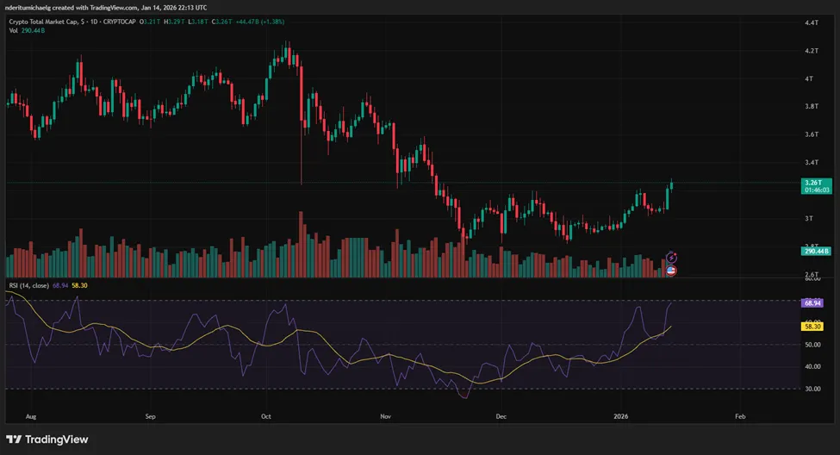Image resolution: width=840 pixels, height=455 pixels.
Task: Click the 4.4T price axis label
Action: [811, 23]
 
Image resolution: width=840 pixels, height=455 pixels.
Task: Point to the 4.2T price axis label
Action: [811, 51]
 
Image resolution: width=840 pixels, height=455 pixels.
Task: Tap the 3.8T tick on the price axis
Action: [811, 107]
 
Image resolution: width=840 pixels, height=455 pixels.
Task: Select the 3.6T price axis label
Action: [811, 134]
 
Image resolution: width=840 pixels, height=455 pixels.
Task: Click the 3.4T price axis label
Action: [811, 162]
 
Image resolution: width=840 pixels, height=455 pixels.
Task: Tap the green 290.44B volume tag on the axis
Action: [815, 251]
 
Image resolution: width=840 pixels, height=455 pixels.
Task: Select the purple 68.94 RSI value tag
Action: [811, 303]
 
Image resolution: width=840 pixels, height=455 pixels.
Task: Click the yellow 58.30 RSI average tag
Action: [811, 327]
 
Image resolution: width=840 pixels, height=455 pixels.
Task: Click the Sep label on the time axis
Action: [150, 415]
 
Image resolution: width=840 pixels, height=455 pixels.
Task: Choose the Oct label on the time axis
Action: [265, 415]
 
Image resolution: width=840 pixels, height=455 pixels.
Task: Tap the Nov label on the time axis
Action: [384, 415]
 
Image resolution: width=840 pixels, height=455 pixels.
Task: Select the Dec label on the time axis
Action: [501, 415]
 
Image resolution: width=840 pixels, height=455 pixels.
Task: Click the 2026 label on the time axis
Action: [620, 415]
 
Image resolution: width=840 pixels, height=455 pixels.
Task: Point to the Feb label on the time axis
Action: [739, 415]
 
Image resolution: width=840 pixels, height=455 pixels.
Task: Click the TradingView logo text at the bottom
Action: [57, 439]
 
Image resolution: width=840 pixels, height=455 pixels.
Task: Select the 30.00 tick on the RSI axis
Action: [811, 389]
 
